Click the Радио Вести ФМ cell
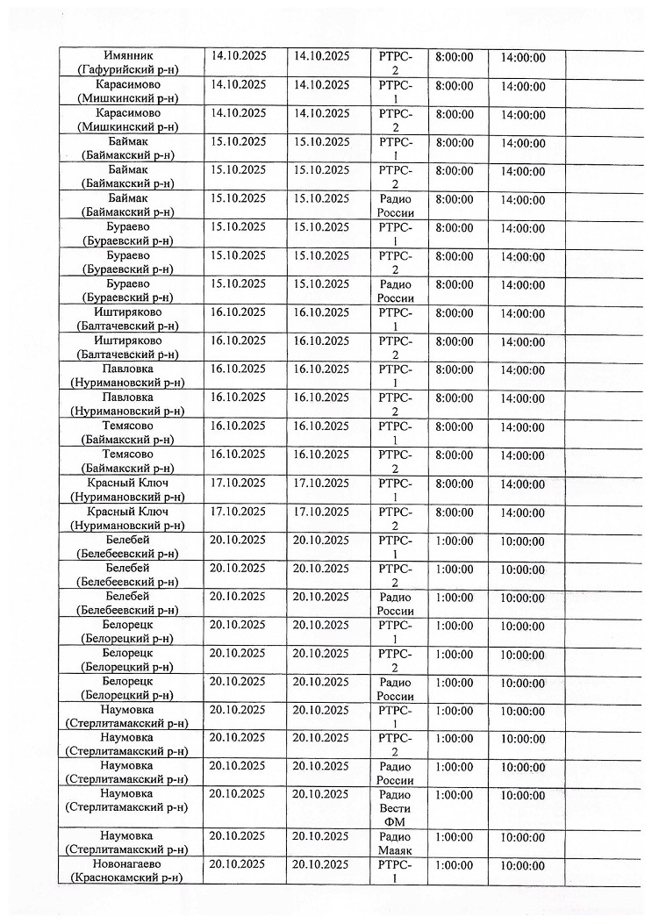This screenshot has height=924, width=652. click(395, 807)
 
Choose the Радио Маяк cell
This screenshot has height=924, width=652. click(395, 842)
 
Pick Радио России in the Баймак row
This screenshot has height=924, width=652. click(395, 205)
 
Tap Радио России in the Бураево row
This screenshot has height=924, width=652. click(395, 290)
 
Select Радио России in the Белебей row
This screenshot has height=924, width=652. click(395, 604)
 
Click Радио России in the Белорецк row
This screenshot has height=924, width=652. click(395, 689)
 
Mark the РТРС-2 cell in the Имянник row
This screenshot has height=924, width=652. click(395, 63)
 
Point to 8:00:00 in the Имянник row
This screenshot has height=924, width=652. click(454, 57)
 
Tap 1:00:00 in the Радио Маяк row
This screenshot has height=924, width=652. click(454, 836)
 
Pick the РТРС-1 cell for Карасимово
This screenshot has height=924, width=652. click(395, 92)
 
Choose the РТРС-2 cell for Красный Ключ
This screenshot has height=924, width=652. click(395, 519)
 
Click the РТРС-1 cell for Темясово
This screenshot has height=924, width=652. click(395, 433)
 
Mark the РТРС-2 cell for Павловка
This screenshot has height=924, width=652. click(395, 405)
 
